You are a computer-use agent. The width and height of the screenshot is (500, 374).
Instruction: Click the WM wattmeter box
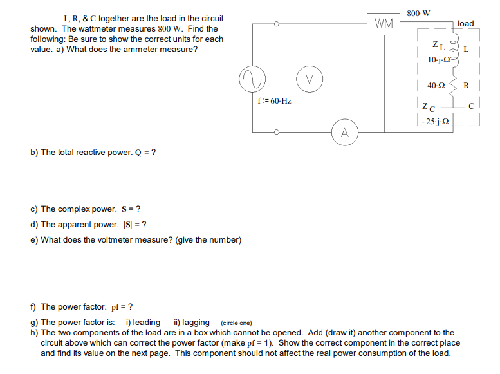[x=384, y=24]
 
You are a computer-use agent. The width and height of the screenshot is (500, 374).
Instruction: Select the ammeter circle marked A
[x=345, y=133]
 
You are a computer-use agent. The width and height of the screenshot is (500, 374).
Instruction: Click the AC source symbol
[x=252, y=79]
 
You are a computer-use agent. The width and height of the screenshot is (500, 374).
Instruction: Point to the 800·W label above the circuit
[x=419, y=13]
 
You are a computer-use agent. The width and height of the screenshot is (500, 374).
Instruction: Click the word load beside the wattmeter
[x=465, y=24]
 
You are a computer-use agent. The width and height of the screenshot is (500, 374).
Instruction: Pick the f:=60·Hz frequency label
[x=274, y=101]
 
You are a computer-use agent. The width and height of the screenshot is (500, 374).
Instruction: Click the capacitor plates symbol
[x=455, y=108]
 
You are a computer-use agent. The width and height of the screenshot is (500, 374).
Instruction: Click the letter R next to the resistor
[x=467, y=85]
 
